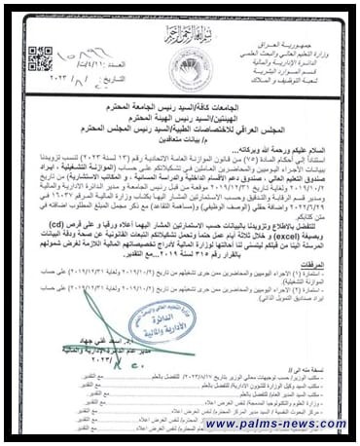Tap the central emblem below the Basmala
point(181,55)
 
